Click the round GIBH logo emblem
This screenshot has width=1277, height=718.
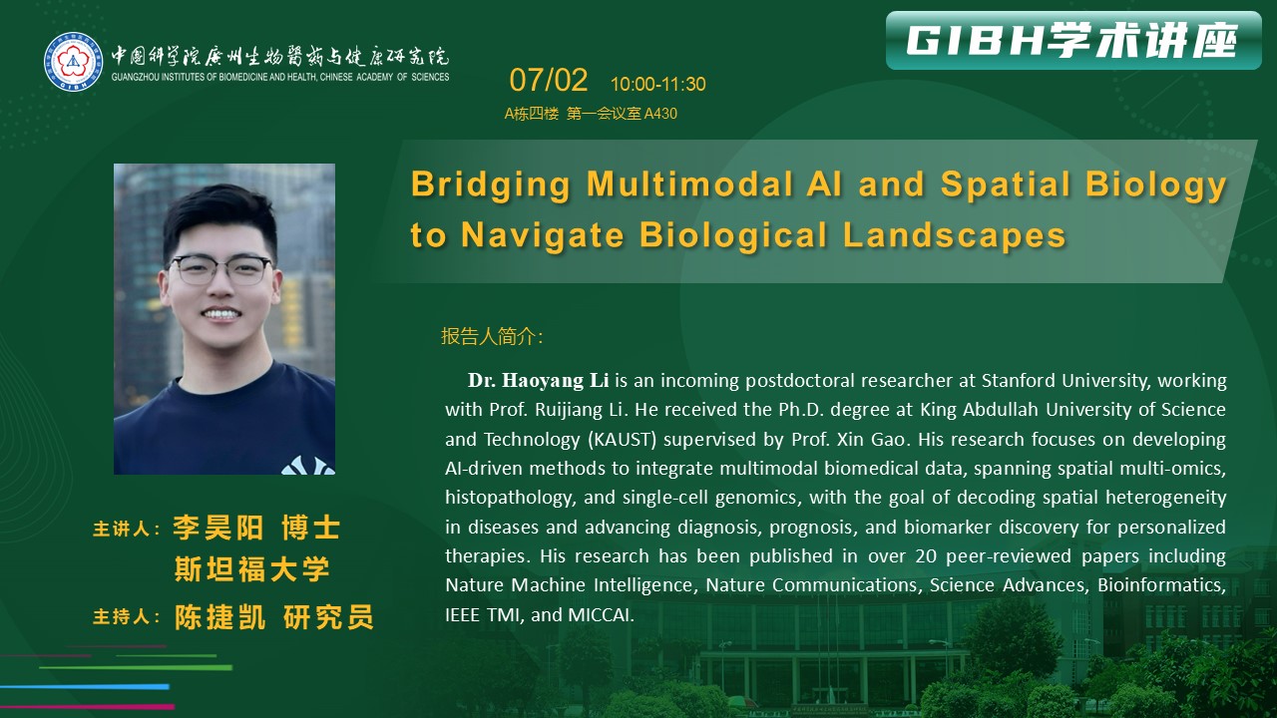pos(74,62)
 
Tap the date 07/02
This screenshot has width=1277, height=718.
pos(548,80)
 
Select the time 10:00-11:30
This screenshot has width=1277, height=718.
pos(657,85)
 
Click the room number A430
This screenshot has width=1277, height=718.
pos(660,114)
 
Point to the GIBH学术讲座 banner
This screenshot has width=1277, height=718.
pos(1073,41)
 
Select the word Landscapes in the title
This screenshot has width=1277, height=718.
pos(955,234)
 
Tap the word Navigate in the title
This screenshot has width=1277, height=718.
pos(542,234)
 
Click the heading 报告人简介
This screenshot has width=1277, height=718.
pos(492,336)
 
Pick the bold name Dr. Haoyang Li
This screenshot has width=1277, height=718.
pos(538,380)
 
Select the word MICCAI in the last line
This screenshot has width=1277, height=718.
pos(601,615)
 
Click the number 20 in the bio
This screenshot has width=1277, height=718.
pos(927,556)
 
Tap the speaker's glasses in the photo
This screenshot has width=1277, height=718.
pos(220,269)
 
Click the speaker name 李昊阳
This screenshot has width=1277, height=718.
pos(217,528)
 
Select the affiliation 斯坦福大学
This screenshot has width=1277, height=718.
pos(252,568)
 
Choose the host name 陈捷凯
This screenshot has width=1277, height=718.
pos(220,616)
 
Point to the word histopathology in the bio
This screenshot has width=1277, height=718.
pos(509,498)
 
